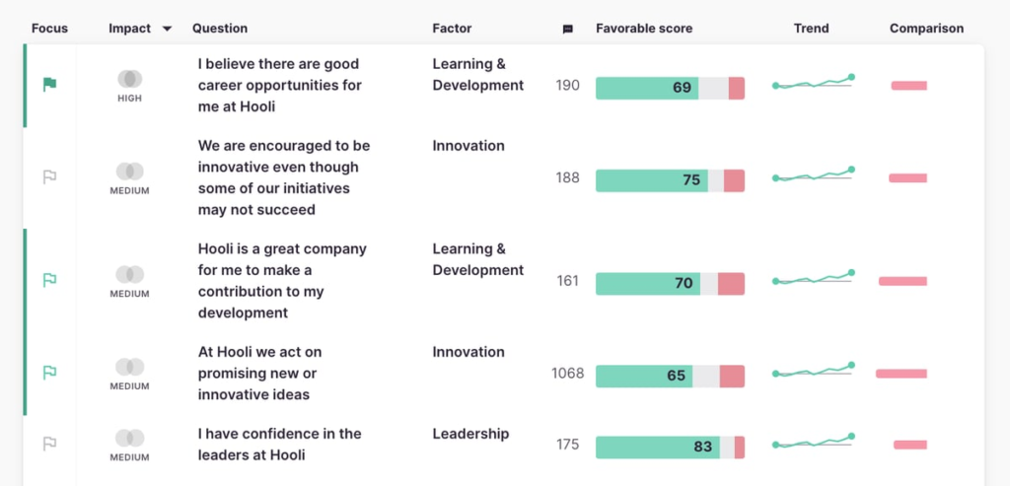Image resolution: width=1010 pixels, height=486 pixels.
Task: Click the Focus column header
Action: coord(49,29)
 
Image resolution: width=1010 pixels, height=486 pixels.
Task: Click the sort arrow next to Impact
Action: coord(167,29)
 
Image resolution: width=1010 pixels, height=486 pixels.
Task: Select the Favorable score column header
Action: coord(644,29)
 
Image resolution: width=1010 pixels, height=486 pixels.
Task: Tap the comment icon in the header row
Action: coord(567,30)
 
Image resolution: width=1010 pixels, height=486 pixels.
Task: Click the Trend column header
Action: coord(811,29)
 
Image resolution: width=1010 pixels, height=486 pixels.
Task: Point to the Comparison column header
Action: coord(926,29)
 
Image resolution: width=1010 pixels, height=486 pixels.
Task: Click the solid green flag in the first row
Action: coord(49,85)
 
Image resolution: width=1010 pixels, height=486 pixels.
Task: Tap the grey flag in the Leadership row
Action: coord(49,445)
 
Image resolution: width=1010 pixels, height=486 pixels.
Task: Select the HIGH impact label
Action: coord(130,99)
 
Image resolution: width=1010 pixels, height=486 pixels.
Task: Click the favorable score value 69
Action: coord(682,88)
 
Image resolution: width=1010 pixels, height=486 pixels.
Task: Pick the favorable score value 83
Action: coord(702,447)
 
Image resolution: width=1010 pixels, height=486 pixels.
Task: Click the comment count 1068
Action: coord(567,374)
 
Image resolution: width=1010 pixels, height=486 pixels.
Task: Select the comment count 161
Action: coord(567,281)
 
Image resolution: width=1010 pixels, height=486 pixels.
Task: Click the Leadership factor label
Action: coord(470,434)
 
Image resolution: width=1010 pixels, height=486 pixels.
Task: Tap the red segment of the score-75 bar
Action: coord(734,180)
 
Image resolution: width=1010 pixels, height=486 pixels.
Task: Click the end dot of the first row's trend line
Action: coord(851,77)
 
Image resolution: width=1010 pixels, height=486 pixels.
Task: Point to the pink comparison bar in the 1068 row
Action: coord(901,374)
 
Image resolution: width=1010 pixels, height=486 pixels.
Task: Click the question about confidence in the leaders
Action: coord(279,445)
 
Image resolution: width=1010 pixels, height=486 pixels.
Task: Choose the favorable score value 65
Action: coord(676,376)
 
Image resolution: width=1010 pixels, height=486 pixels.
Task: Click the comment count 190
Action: coord(567,86)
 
